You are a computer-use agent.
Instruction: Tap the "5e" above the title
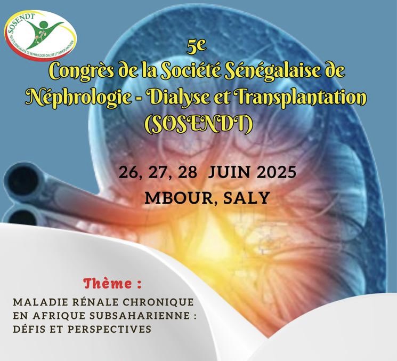196,47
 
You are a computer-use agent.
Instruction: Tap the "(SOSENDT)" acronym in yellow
199,124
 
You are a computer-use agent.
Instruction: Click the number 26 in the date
129,173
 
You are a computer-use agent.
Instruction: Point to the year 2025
273,173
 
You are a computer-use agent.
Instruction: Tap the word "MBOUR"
172,197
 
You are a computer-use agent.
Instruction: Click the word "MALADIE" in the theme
36,302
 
